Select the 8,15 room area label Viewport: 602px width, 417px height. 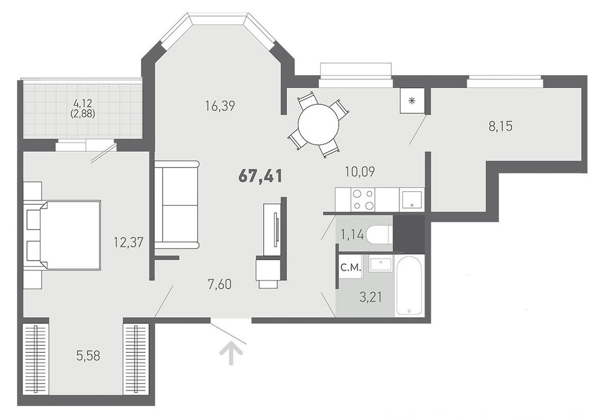(501, 126)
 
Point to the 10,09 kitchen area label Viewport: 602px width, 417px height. (360, 172)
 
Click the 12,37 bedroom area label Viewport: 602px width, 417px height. (128, 242)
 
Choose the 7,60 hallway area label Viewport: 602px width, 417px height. (219, 285)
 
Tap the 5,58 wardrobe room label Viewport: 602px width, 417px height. (88, 356)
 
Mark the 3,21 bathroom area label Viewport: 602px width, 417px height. (371, 297)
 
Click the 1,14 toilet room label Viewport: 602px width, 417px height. (352, 235)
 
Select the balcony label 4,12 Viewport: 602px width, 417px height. (84, 103)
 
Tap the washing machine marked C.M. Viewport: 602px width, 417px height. (351, 267)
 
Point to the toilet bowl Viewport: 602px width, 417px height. (379, 235)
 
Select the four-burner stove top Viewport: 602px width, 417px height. (363, 199)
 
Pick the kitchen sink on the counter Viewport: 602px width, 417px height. (412, 199)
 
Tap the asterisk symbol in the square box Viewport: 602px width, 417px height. (412, 101)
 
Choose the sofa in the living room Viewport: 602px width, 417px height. (177, 205)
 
